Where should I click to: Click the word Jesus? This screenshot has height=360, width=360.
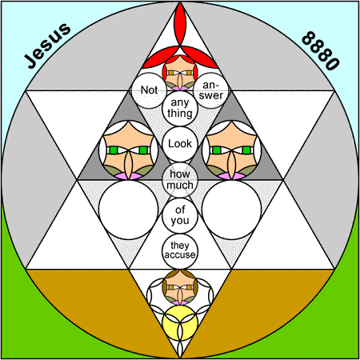pos(47,46)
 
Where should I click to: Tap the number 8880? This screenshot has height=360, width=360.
pos(321,50)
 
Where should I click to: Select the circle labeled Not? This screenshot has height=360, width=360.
pos(150,90)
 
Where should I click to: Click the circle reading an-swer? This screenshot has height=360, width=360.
pos(211,90)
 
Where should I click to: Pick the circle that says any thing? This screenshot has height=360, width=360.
pos(180,108)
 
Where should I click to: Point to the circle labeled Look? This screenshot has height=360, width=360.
pos(180,144)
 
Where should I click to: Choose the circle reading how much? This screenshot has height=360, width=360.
pos(180,180)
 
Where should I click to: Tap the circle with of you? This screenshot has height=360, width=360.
pos(180,215)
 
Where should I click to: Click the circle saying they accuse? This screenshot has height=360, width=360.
pos(180,251)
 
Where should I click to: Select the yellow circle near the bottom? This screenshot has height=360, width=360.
pos(180,323)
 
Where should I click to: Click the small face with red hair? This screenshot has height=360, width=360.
pos(180,73)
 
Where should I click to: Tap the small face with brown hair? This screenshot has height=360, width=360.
pos(180,287)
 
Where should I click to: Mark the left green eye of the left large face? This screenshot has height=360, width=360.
pos(114,150)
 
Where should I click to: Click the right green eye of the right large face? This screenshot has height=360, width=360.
pos(246,150)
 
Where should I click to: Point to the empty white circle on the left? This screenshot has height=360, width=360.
pos(129,210)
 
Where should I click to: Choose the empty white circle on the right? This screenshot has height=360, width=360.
pos(232,210)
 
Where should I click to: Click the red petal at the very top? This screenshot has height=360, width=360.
pos(180,24)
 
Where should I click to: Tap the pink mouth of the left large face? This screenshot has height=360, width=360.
pos(129,176)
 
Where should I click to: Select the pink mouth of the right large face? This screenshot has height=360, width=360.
pos(232,176)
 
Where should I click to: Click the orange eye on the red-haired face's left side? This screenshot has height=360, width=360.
pos(171,73)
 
